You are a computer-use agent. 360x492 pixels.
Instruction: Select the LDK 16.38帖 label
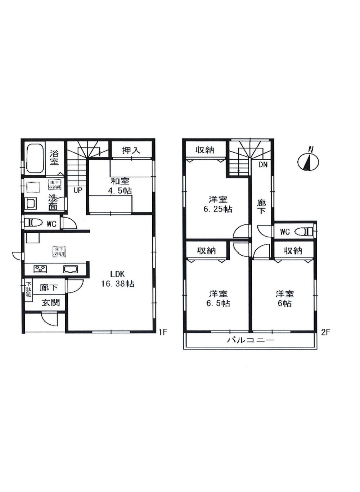(x=118, y=279)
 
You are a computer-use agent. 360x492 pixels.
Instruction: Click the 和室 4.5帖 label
(x=120, y=186)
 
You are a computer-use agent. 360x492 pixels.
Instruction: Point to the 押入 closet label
(x=131, y=150)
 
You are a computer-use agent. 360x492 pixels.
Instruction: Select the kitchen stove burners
(x=40, y=269)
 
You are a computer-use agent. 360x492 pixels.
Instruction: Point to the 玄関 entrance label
(x=50, y=302)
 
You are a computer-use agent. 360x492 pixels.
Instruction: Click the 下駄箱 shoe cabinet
(x=28, y=288)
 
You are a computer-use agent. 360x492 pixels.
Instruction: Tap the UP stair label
(x=77, y=190)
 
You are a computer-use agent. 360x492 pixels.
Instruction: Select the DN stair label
(x=263, y=164)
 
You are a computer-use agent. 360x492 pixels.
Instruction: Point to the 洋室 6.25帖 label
(x=218, y=204)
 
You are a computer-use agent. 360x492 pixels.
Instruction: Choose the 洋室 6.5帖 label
(x=218, y=299)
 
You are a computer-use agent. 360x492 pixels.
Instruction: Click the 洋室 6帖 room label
(x=284, y=299)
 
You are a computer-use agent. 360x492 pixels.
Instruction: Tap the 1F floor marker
(x=163, y=332)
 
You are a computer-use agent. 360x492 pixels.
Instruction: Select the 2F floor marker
(x=325, y=332)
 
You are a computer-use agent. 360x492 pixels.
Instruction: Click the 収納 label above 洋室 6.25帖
(x=205, y=150)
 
